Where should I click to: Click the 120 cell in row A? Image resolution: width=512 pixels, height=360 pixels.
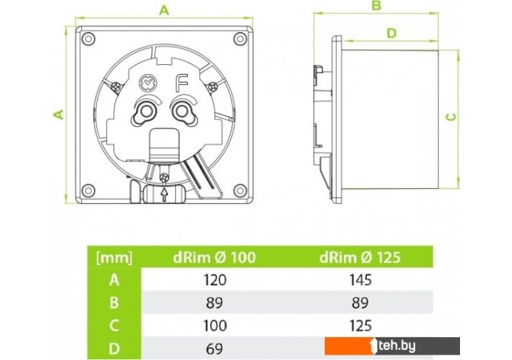(x=215, y=280)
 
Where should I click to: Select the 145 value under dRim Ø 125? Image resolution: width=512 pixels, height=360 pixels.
(x=361, y=280)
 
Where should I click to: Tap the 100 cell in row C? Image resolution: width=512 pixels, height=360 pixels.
(x=215, y=326)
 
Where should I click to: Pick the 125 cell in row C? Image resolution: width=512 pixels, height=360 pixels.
(x=361, y=326)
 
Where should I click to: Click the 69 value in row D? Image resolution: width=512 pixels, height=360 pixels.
(x=215, y=349)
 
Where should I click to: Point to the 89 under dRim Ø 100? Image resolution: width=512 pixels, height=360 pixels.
(x=215, y=303)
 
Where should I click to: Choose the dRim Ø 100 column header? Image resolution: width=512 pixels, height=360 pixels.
(x=214, y=258)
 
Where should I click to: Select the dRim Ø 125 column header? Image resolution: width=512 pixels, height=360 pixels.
(x=360, y=258)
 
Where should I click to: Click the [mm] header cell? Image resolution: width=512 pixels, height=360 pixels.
(x=115, y=258)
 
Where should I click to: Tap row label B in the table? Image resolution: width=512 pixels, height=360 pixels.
(x=114, y=303)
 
